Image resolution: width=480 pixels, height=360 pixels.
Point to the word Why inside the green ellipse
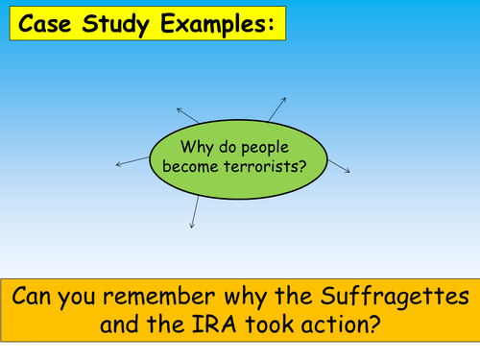[x=197, y=147]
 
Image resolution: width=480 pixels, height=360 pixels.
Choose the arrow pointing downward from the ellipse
[x=195, y=211]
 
